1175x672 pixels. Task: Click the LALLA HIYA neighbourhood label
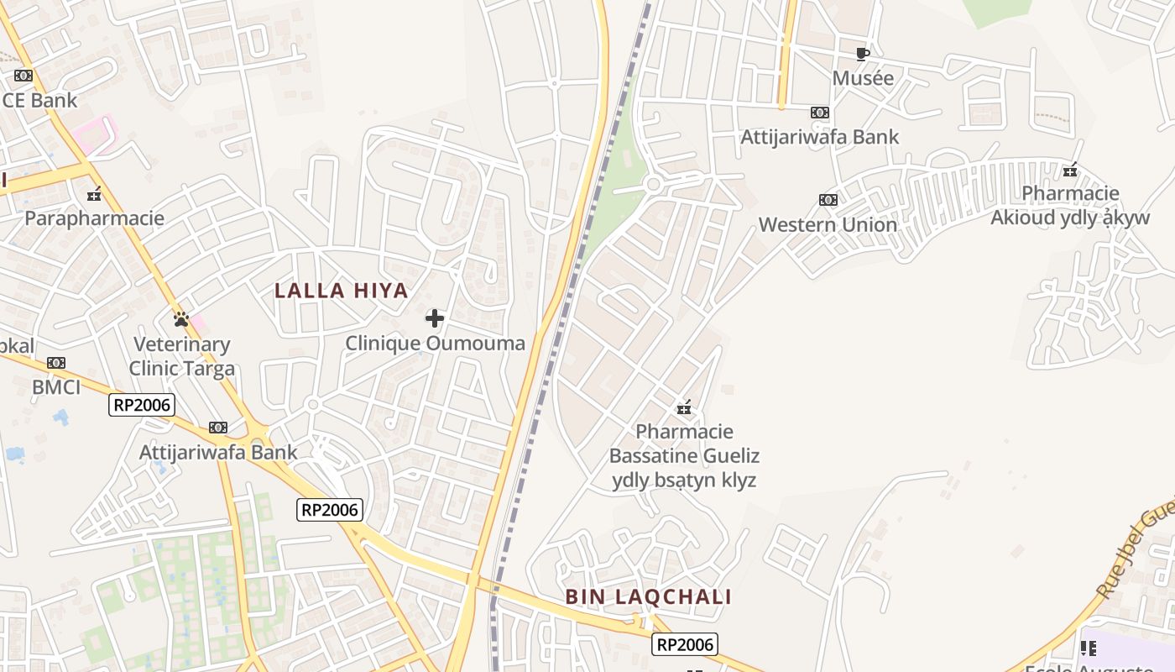click(342, 291)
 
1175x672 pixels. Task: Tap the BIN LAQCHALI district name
click(648, 597)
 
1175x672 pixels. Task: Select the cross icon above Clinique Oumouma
click(435, 318)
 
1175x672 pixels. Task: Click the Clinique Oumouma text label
click(435, 343)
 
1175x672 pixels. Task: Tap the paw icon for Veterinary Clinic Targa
click(180, 319)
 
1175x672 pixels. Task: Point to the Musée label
click(863, 78)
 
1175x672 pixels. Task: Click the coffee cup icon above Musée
click(862, 55)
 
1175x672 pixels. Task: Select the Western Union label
click(828, 225)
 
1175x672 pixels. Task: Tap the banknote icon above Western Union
click(828, 200)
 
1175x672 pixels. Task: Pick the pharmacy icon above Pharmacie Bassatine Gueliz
click(684, 408)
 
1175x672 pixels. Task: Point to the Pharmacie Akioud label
click(1070, 206)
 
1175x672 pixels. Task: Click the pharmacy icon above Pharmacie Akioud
click(1070, 171)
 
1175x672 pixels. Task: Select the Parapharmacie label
click(94, 218)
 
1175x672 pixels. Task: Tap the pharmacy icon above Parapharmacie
click(94, 195)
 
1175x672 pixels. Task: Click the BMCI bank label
click(56, 387)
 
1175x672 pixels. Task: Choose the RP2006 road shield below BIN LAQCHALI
click(685, 644)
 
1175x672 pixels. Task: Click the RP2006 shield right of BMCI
click(142, 406)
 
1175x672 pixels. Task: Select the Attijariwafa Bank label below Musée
click(819, 137)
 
